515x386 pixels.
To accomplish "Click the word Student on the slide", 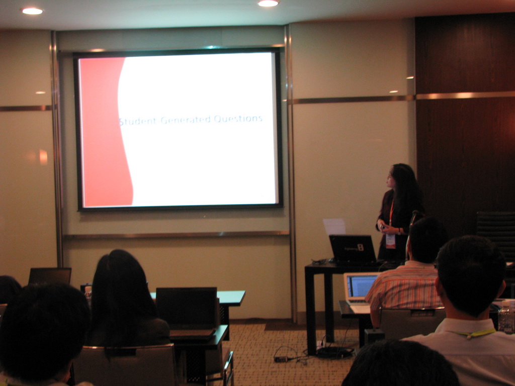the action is [137, 121].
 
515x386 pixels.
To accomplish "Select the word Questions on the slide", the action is [238, 119].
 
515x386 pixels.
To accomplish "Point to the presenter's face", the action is [390, 180].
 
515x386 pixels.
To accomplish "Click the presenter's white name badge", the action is [390, 241].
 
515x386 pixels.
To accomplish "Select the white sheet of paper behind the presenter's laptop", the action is [334, 227].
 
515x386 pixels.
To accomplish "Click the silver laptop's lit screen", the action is [362, 286].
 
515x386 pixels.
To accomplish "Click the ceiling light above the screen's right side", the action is [269, 4].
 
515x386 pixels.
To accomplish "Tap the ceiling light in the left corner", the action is [32, 11].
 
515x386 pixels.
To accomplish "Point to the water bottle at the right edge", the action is [506, 317].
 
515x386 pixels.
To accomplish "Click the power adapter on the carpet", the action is [281, 359].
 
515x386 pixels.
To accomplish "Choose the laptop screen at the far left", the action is [50, 276].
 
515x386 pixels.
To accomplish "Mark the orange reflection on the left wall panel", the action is [43, 157].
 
